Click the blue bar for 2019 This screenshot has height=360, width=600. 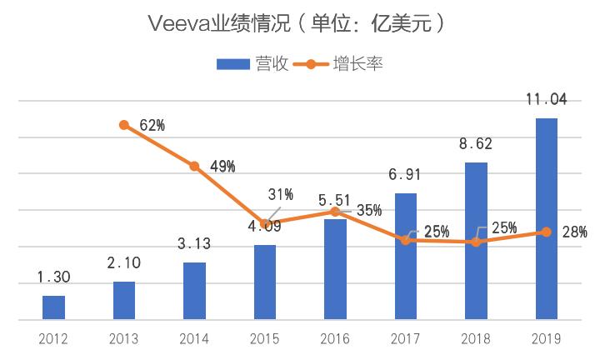point(546,218)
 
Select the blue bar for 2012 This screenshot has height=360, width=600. point(53,307)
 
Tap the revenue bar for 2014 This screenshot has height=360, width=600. point(194,290)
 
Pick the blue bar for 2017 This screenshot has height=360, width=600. point(405,256)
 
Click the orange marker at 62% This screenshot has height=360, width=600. point(124,125)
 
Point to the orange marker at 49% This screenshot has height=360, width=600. point(194,167)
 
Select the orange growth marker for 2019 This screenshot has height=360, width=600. point(546,232)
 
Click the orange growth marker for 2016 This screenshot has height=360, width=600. point(335,212)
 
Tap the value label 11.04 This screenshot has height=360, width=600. point(546,100)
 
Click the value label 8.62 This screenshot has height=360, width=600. point(475,144)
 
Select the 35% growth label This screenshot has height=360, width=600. point(369,210)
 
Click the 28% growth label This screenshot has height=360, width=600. point(575,231)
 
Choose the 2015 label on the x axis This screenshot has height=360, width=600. point(264,338)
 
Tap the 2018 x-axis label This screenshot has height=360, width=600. point(475,338)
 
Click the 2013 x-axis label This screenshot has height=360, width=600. point(124,338)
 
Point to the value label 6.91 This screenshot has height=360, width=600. point(405,176)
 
